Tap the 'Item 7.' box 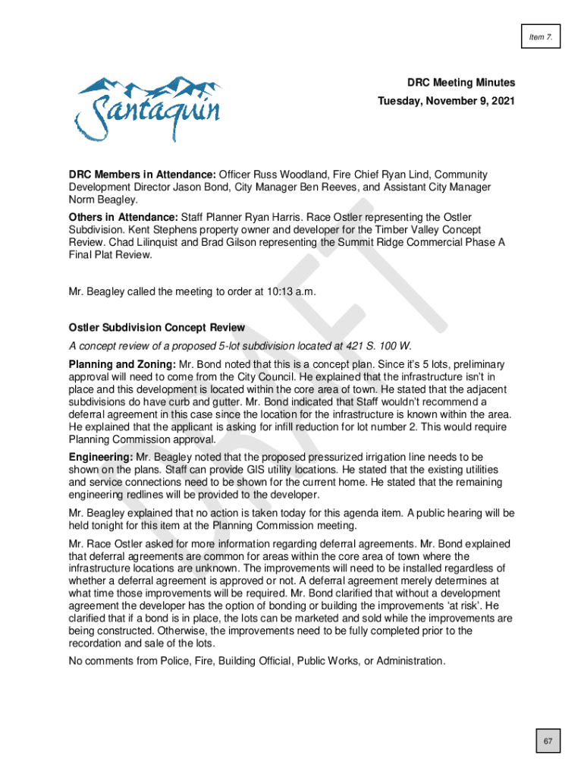tap(540, 36)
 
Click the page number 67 tap(547, 740)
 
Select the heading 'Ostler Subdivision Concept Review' tap(157, 328)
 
